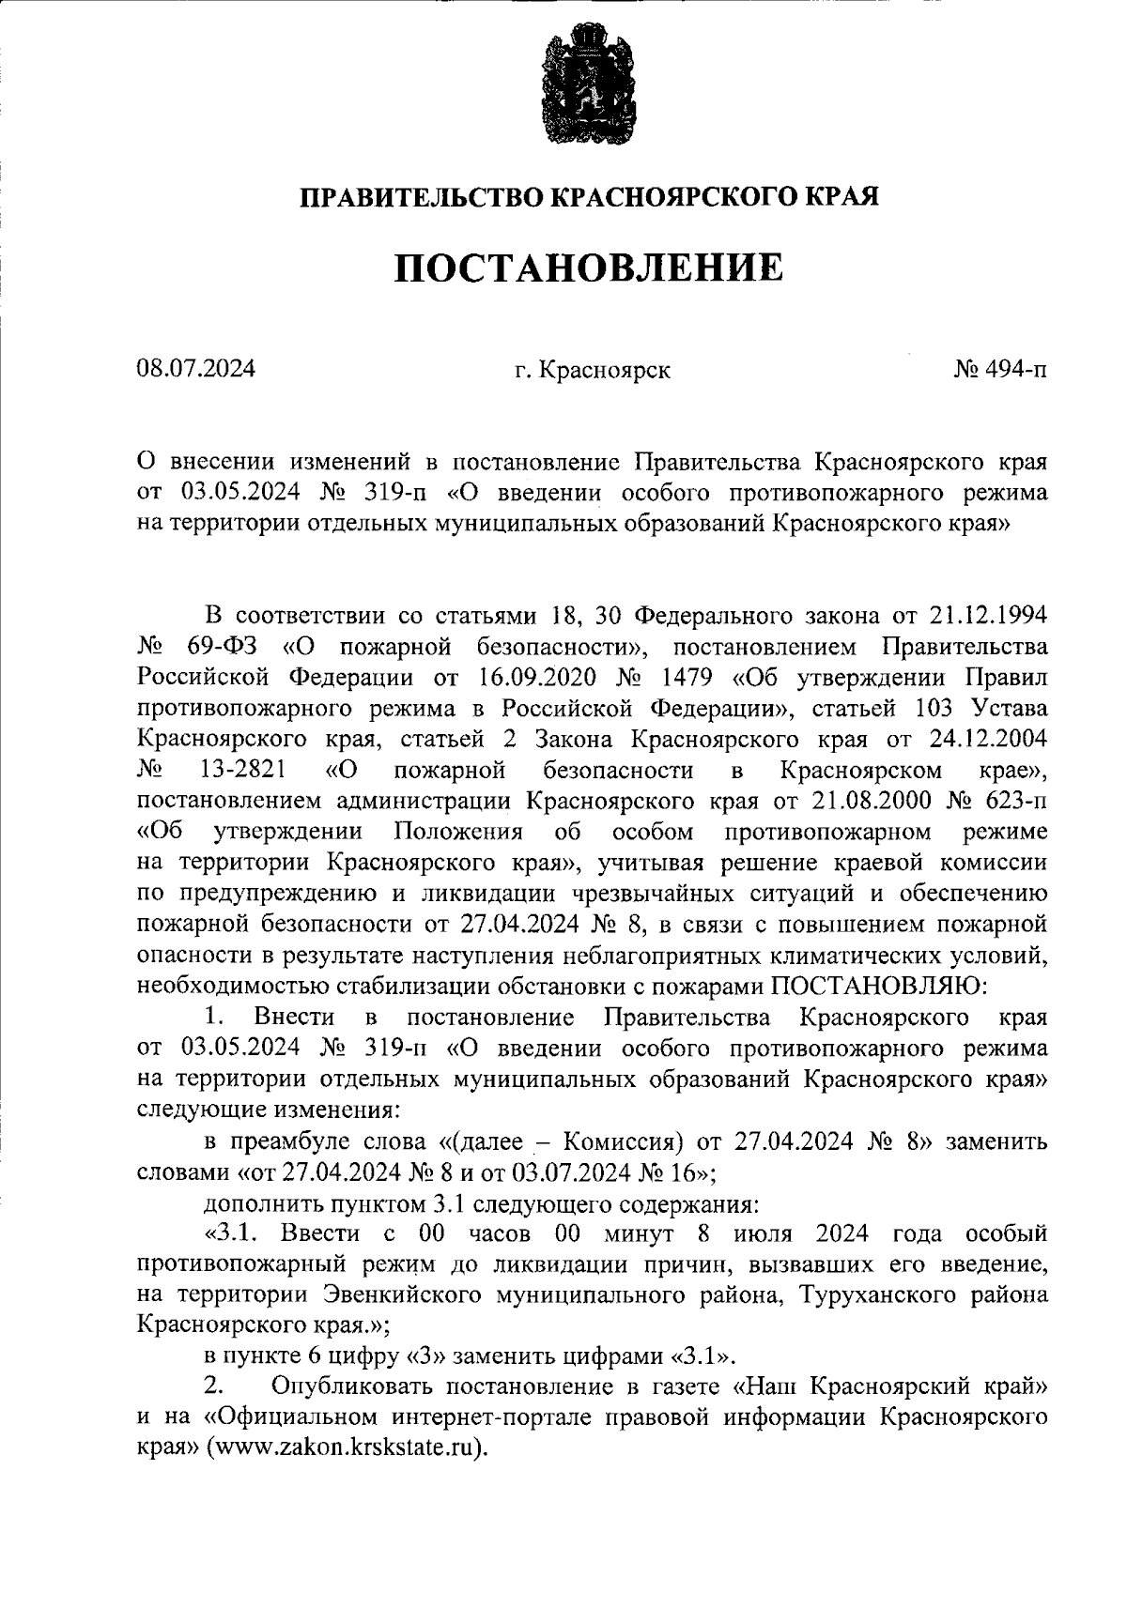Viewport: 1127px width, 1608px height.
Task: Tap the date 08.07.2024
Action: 195,369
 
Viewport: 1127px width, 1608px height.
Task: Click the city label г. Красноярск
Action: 593,371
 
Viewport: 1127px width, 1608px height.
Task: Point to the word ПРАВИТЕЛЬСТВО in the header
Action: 420,198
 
